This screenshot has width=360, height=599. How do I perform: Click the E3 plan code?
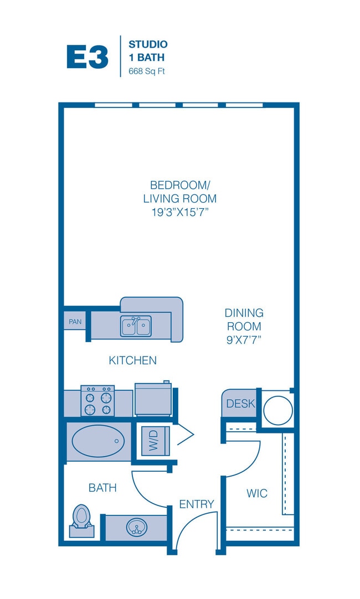click(88, 57)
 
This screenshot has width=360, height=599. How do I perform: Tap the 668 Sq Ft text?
click(147, 71)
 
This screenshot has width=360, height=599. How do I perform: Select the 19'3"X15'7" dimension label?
click(180, 212)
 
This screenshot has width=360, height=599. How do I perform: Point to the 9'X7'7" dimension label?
click(244, 339)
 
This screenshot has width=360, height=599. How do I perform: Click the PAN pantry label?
click(75, 322)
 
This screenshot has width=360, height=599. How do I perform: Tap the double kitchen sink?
click(136, 326)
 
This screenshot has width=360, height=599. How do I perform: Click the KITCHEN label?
click(132, 360)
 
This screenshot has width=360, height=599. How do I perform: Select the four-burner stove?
click(97, 401)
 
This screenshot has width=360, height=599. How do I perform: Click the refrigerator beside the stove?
click(153, 399)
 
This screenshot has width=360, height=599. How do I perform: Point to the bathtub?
click(98, 441)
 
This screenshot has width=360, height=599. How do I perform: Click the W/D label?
click(153, 441)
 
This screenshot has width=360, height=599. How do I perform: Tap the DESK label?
click(240, 404)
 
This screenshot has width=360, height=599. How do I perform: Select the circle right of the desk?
click(278, 410)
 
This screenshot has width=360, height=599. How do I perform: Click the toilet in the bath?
click(81, 520)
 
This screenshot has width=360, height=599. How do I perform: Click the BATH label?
click(102, 488)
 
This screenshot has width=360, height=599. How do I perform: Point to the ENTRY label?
click(197, 504)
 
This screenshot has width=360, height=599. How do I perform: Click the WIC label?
click(257, 493)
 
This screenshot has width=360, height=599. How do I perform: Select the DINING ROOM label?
click(244, 320)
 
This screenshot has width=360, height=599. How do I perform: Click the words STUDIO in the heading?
click(148, 44)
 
